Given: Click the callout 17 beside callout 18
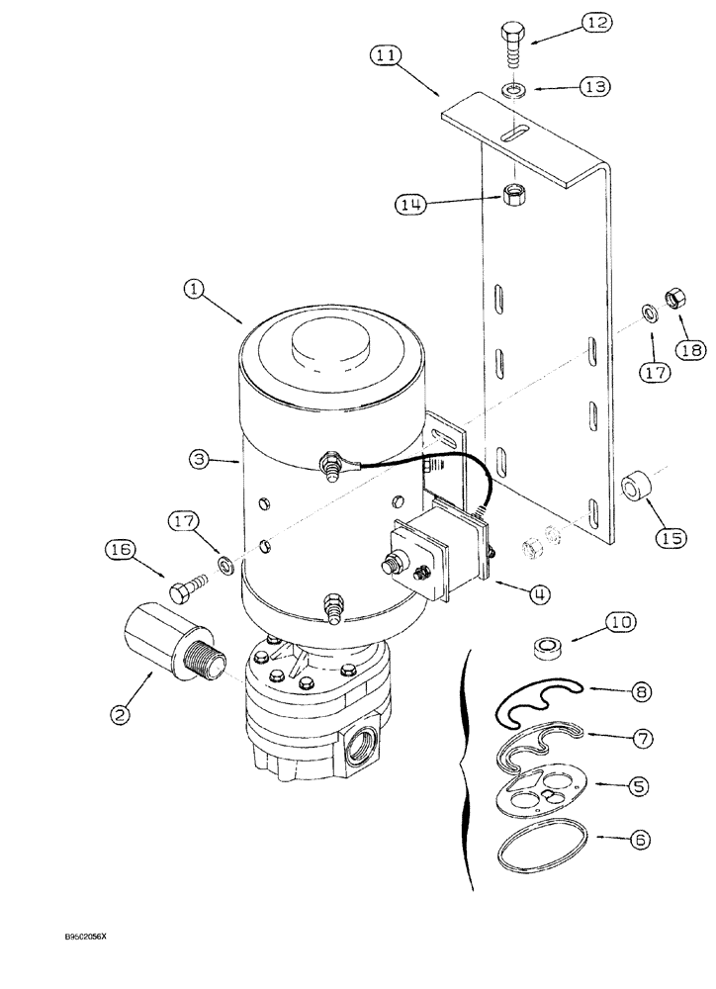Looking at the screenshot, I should click(x=654, y=372).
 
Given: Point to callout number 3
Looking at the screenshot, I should click(x=200, y=459).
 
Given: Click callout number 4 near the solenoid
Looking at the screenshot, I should click(x=541, y=594).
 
